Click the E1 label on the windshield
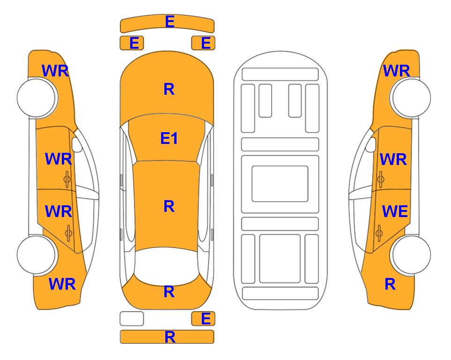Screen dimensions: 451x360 (169, 138)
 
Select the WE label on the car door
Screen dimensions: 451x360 (395, 211)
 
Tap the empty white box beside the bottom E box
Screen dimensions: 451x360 (132, 319)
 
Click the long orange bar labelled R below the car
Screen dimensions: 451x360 (167, 337)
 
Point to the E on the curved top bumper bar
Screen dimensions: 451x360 (170, 22)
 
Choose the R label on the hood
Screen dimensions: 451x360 (169, 89)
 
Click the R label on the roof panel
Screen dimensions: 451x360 (169, 207)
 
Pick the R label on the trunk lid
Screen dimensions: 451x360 (169, 292)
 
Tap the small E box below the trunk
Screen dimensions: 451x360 (203, 319)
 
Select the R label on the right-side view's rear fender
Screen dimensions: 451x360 (390, 284)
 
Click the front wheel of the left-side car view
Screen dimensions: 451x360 (36, 98)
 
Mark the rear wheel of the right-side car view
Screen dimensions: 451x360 (411, 255)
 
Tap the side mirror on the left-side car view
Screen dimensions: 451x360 (76, 144)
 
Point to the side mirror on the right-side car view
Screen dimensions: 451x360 (371, 144)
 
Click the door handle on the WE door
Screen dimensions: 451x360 (379, 233)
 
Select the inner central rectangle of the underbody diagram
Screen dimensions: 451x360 (280, 184)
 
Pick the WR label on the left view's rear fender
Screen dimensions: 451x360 (62, 284)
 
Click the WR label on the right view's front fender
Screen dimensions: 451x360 (396, 71)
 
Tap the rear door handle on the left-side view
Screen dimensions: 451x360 (68, 233)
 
